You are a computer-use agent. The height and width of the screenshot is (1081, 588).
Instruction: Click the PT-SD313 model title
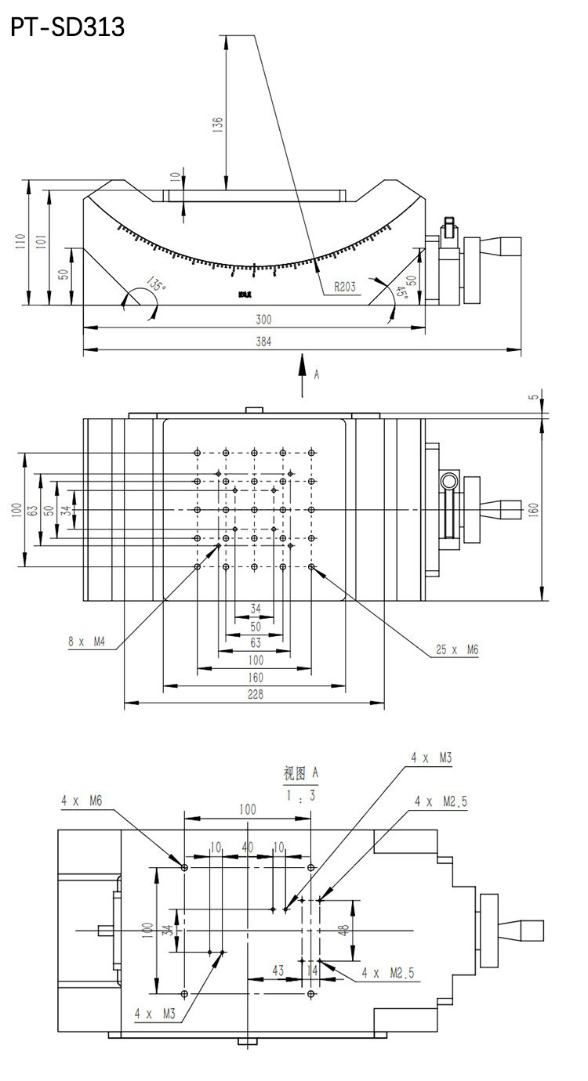tap(67, 27)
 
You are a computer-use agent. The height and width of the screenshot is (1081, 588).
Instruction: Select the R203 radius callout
tap(344, 287)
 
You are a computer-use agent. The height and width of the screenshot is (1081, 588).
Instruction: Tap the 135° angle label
tap(156, 287)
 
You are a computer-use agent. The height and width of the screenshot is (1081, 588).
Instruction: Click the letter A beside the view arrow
tap(317, 375)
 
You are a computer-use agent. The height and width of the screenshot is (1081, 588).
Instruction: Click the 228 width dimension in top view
tap(255, 694)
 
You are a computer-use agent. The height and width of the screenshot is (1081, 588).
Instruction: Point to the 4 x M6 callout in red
tap(82, 801)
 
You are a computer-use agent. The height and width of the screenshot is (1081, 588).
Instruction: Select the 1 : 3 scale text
tap(301, 796)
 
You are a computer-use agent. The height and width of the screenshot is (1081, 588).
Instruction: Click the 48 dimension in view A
tap(343, 930)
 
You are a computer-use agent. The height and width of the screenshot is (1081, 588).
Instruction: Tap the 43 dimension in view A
tap(278, 970)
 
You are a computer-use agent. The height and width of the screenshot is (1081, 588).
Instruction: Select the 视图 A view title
tap(301, 772)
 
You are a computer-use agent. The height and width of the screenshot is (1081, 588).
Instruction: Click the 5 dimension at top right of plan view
tap(535, 397)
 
